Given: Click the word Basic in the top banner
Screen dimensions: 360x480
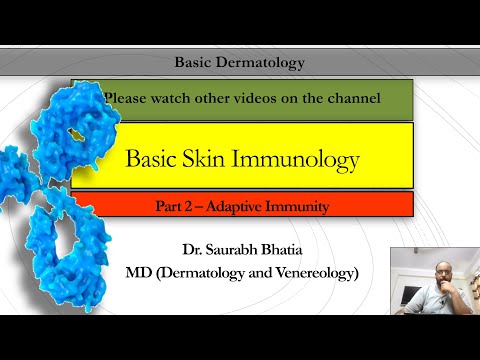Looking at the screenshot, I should pyautogui.click(x=196, y=63).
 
